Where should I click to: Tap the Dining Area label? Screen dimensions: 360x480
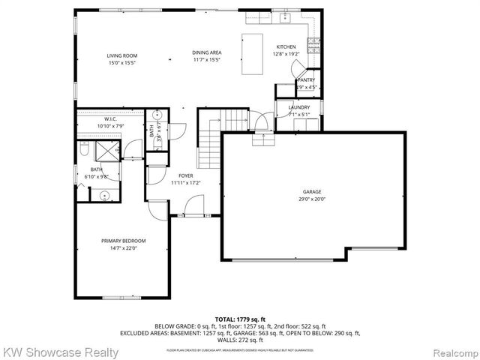click(205, 53)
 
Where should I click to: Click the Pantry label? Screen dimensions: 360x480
click(307, 80)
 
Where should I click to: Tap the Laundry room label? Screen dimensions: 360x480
click(299, 108)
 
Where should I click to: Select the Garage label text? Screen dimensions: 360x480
click(312, 191)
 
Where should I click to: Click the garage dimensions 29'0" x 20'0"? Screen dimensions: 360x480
click(312, 199)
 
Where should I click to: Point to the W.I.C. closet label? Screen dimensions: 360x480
click(110, 119)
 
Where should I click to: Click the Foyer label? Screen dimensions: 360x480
click(185, 175)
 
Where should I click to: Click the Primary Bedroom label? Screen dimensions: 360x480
click(124, 240)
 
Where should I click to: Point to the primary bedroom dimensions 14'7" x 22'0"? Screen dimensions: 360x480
click(124, 247)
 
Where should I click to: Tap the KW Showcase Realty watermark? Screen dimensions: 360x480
click(60, 352)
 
